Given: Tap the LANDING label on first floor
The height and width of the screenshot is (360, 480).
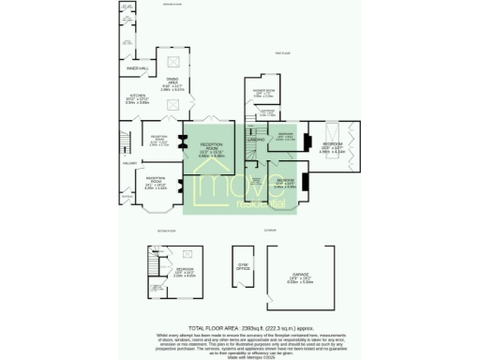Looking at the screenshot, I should tap(254, 139).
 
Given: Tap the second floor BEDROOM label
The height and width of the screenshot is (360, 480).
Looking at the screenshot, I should tap(186, 271).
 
